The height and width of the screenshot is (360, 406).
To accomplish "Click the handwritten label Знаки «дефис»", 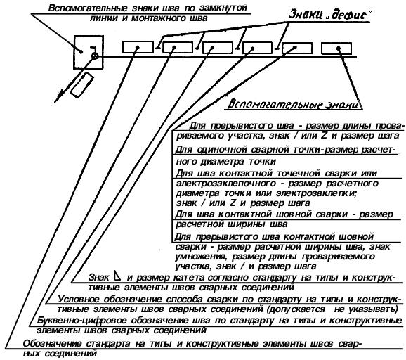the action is (329, 15).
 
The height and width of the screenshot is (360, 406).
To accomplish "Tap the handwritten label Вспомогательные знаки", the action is (294, 104).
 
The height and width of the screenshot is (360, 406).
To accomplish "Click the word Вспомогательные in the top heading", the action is (88, 8).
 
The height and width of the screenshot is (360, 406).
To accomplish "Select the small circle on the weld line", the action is (95, 56).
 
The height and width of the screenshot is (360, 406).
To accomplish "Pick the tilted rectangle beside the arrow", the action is (81, 85).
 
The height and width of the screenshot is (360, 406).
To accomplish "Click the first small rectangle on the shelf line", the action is (138, 47).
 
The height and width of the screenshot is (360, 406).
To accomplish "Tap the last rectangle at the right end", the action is (336, 49).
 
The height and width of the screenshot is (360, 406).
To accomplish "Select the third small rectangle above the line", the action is (218, 48).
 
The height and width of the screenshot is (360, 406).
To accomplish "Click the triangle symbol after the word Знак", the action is (117, 276).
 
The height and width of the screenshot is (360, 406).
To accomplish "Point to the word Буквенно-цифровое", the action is (82, 321).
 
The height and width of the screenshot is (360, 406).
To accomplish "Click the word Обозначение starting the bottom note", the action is (53, 344).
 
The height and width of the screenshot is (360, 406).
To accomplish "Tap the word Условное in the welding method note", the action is (79, 300).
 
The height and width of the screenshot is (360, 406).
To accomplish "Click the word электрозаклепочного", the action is (225, 184).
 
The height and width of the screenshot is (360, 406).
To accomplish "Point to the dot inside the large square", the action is (81, 52).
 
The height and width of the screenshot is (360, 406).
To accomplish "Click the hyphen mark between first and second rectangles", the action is (157, 48).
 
